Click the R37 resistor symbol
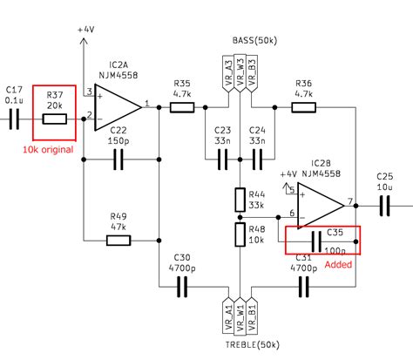pos(54,116)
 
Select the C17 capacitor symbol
pos(14,116)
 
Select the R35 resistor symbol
pos(182,107)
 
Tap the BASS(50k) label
pos(255,41)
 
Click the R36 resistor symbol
pos(303,107)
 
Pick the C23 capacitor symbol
pos(222,160)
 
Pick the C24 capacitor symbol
pos(257,160)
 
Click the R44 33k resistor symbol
pos(240,200)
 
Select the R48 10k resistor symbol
pos(240,234)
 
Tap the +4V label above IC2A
pos(85,30)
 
